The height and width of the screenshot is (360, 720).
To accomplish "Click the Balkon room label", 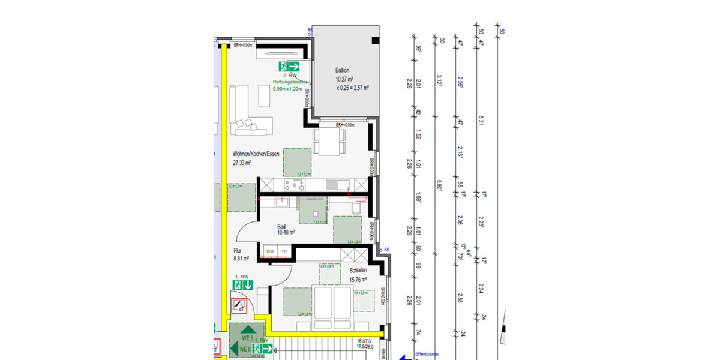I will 343,70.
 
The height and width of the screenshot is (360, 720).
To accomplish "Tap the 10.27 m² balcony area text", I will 344,79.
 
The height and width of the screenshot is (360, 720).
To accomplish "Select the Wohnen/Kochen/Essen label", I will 256,154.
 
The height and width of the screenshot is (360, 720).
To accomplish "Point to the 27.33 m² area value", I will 242,163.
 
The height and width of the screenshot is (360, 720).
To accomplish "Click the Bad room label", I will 281,226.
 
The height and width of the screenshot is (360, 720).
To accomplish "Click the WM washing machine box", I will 271,250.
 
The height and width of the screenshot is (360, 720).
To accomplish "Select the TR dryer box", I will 284,250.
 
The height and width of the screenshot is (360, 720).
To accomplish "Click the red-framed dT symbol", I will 239,306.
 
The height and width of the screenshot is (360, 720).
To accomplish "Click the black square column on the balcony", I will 376,40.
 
